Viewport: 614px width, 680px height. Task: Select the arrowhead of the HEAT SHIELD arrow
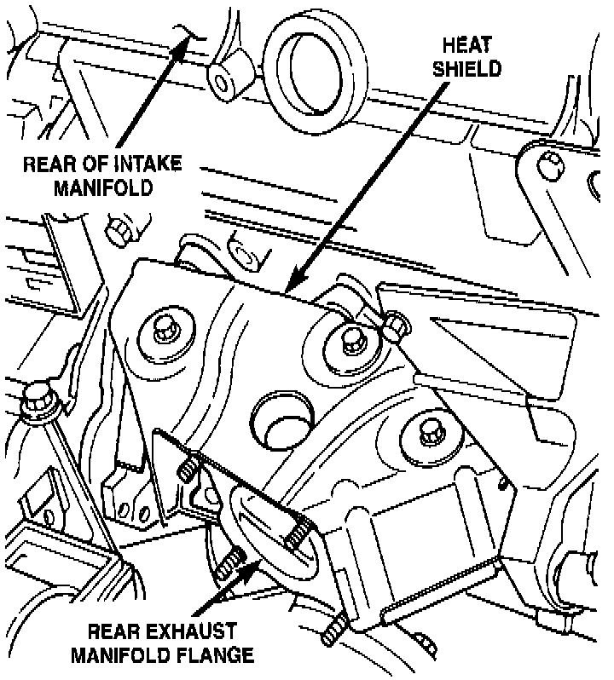[292, 285]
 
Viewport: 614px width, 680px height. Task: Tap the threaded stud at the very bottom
[335, 631]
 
